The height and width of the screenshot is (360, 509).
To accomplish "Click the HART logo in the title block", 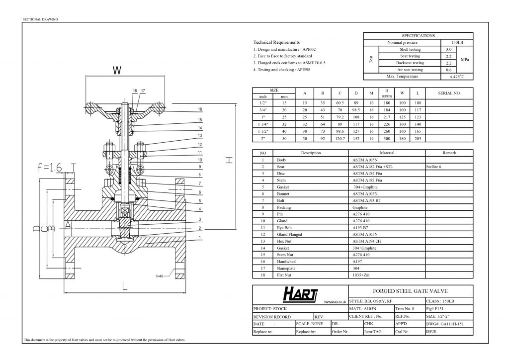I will pos(300,295).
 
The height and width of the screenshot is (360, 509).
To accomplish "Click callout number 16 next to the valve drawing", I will pos(200,109).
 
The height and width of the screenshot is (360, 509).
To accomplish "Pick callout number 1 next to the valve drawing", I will pos(200,237).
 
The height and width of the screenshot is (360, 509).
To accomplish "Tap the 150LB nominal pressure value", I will pos(455,43).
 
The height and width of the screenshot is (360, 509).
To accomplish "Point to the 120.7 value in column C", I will pos(340,138).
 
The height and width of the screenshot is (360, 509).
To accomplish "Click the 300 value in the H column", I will pos(387,138).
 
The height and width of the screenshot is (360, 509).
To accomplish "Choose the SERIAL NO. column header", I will pos(449,93).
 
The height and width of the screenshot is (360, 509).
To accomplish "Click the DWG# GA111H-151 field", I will pos(444,323).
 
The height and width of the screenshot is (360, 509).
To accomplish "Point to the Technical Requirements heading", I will pos(276,43).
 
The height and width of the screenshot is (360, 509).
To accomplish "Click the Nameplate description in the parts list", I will pos(285,268).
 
